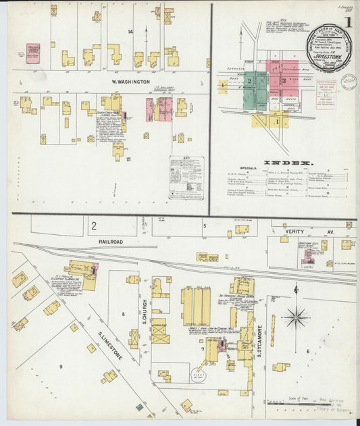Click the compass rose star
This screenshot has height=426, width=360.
[296, 315]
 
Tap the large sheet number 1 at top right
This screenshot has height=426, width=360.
[348, 22]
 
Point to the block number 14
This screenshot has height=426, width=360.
[130, 32]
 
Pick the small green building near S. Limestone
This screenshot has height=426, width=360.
[139, 407]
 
